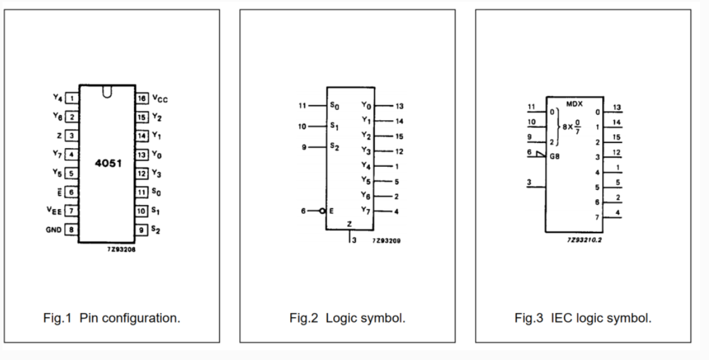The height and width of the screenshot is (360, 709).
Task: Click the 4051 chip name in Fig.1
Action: click(108, 163)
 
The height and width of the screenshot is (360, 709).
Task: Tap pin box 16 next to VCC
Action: click(141, 98)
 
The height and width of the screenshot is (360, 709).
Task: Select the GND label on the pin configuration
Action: click(53, 230)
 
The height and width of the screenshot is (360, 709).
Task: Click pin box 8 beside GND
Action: click(71, 230)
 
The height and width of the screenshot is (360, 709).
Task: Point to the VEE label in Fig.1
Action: click(54, 210)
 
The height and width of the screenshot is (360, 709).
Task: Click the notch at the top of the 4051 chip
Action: click(107, 92)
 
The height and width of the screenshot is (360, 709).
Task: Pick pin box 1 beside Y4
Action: click(71, 98)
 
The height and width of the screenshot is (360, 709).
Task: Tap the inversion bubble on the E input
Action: click(322, 211)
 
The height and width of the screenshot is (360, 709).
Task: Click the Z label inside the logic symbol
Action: click(349, 224)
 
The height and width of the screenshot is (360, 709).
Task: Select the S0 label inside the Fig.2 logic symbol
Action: click(335, 106)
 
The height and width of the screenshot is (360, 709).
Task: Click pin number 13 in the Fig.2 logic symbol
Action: click(400, 106)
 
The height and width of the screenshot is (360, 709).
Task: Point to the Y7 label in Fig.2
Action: click(365, 210)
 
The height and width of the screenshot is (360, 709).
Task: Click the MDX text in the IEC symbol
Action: click(574, 104)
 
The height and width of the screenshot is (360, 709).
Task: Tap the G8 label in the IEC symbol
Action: click(555, 156)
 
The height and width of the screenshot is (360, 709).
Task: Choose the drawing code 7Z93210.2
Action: click(584, 240)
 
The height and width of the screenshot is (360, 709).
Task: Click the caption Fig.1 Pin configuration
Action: click(112, 318)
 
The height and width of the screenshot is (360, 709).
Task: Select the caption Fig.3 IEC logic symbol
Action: click(583, 318)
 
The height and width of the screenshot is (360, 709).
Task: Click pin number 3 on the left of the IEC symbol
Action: click(529, 182)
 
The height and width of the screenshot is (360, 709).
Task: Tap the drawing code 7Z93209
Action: click(387, 241)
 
